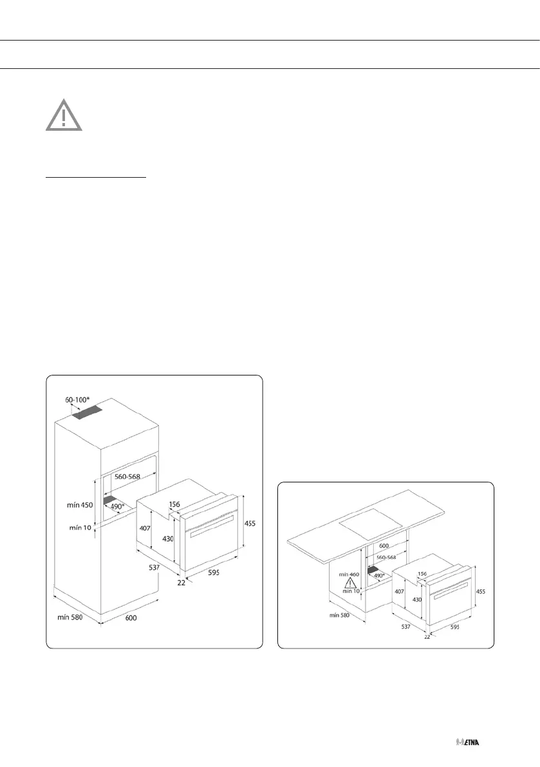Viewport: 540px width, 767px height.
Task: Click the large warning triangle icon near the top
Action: (64, 115)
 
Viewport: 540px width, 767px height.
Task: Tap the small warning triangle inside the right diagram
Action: (351, 584)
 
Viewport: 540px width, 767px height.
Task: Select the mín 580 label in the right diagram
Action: (343, 615)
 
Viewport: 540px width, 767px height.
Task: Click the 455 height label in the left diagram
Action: (250, 524)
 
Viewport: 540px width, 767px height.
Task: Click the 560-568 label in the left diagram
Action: (130, 478)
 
